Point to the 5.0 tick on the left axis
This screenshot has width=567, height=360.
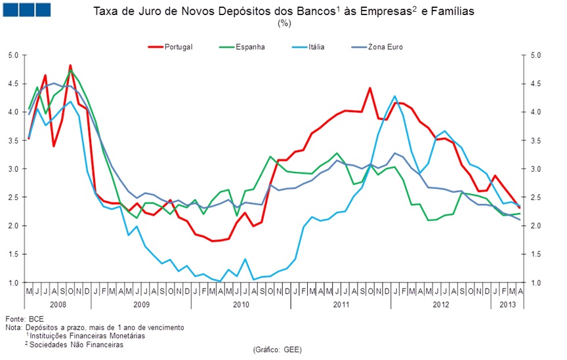[13, 55]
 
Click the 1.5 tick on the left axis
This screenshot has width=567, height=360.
[13, 254]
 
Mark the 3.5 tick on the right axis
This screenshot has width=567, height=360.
[534, 140]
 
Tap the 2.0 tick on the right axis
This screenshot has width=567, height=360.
[534, 226]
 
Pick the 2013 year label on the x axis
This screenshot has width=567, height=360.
[507, 305]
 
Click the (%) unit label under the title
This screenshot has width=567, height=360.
[284, 24]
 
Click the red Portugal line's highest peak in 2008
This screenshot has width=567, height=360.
[70, 66]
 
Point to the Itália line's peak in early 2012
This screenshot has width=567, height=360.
[395, 96]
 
